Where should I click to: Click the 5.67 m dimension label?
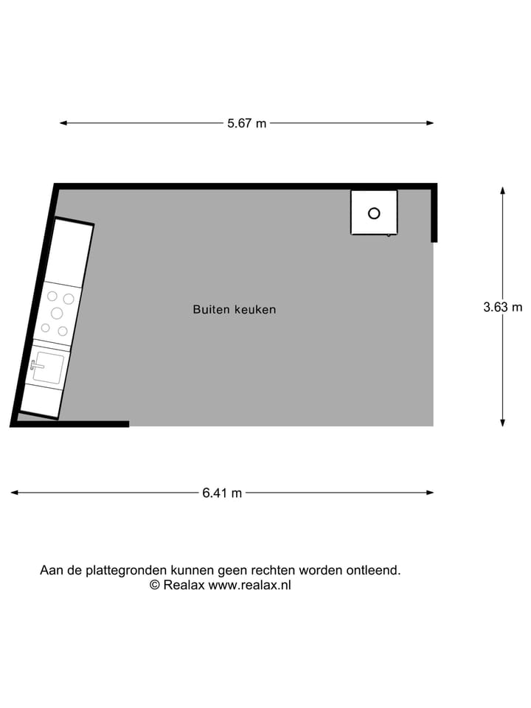pyautogui.click(x=246, y=124)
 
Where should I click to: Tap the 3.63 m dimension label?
pyautogui.click(x=502, y=308)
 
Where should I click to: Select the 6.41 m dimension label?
pyautogui.click(x=222, y=493)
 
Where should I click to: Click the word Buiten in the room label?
pyautogui.click(x=211, y=310)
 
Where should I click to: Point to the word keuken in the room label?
pyautogui.click(x=255, y=310)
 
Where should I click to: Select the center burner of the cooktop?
pyautogui.click(x=57, y=313)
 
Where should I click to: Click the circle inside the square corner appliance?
pyautogui.click(x=374, y=213)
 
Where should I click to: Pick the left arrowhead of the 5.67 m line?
pyautogui.click(x=63, y=123)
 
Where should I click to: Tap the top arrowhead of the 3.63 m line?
pyautogui.click(x=503, y=190)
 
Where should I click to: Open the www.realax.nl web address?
pyautogui.click(x=249, y=585)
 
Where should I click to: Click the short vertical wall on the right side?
pyautogui.click(x=434, y=214)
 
